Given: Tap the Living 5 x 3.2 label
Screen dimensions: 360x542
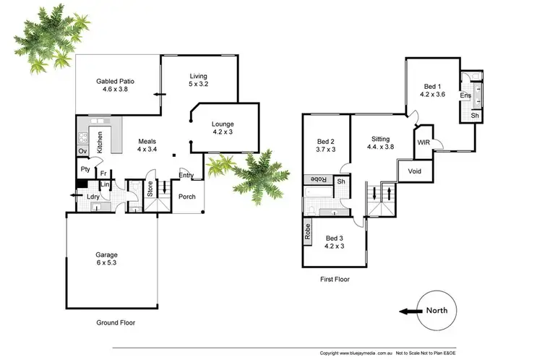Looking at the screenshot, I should [199, 80].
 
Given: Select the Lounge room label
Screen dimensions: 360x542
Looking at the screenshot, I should [223, 128].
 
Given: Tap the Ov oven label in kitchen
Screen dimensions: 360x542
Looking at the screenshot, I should [82, 150].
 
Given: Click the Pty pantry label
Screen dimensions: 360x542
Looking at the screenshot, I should [85, 169].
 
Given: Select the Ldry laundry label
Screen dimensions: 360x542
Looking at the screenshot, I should [93, 196].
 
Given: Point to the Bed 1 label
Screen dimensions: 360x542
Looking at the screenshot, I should [434, 90].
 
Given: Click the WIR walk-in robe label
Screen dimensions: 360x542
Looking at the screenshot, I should [423, 143].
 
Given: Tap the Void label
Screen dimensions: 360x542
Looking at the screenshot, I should [414, 171].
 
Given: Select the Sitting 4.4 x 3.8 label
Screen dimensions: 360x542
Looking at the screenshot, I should [381, 142].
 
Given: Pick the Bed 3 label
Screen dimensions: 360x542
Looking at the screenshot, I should [335, 242].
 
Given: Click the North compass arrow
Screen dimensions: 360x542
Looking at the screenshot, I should [409, 312].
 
